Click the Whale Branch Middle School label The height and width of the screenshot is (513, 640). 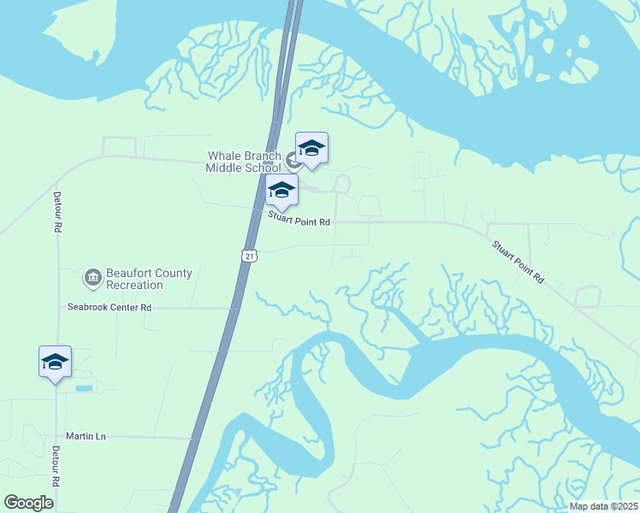click(243, 162)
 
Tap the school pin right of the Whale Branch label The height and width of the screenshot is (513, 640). click(311, 149)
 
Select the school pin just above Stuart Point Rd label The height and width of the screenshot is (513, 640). click(281, 191)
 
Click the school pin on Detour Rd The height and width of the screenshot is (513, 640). click(56, 363)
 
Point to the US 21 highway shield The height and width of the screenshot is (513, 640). click(248, 256)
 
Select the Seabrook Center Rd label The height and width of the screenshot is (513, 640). click(110, 307)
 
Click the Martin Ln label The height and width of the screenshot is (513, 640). click(89, 437)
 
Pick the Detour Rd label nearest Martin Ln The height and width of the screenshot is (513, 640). click(55, 467)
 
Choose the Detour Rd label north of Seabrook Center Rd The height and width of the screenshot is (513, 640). click(57, 215)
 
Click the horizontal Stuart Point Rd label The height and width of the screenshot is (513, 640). click(299, 221)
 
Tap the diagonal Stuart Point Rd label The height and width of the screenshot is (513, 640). click(518, 262)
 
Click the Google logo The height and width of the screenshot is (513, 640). click(29, 503)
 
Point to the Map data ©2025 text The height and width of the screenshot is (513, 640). click(603, 506)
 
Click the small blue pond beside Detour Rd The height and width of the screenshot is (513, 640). click(84, 388)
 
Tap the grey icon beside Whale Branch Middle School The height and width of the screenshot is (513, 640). click(293, 159)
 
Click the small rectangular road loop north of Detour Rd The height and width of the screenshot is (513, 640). click(120, 146)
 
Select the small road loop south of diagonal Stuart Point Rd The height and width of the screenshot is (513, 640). click(588, 297)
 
